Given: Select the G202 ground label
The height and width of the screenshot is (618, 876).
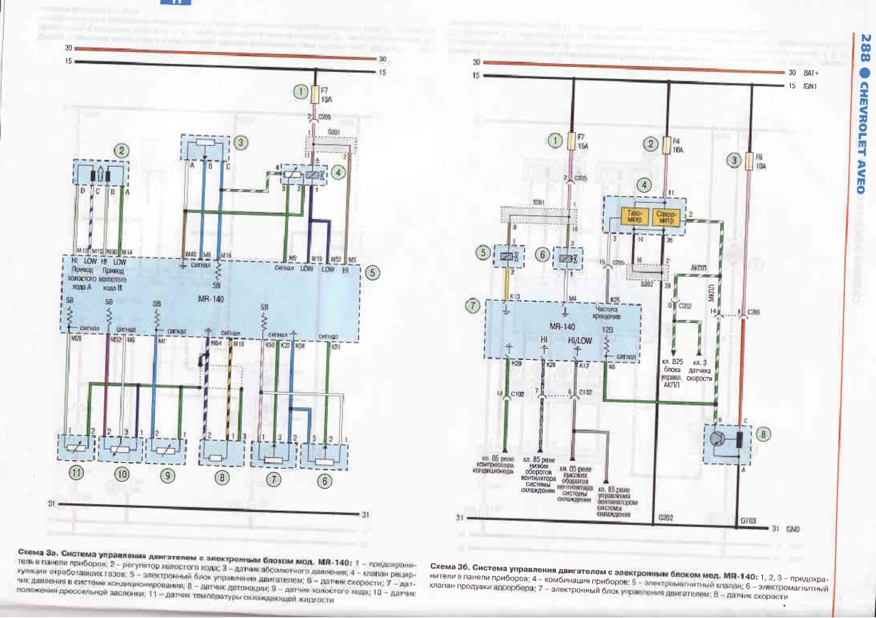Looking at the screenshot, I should (x=666, y=518).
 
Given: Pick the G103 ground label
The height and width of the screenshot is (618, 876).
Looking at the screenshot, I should (x=747, y=521).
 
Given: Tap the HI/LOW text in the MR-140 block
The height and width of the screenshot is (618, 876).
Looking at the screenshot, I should (x=579, y=340).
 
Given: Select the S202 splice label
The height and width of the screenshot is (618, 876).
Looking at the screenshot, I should (x=646, y=284).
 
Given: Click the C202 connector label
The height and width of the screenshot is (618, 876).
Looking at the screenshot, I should (x=685, y=306).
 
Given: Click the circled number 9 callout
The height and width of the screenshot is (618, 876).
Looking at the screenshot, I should (x=166, y=476).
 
